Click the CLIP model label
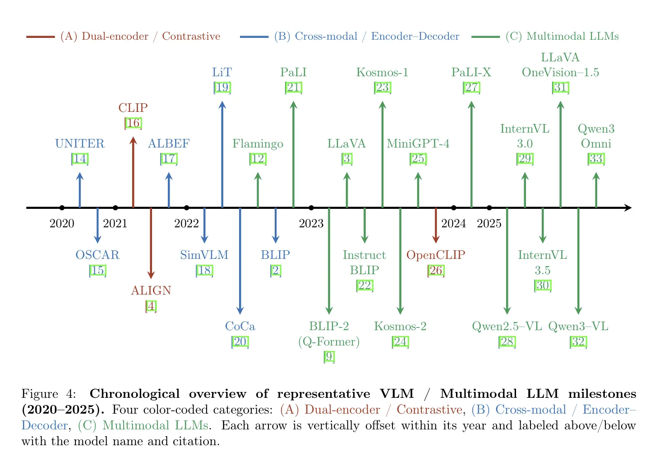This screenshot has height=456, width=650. [x=133, y=108]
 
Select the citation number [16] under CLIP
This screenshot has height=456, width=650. [x=133, y=123]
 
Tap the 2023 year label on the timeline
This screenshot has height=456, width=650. [x=311, y=223]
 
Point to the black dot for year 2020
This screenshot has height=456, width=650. [x=62, y=207]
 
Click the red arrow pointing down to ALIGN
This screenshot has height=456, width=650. [x=151, y=244]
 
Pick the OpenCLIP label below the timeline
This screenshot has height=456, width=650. [x=436, y=255]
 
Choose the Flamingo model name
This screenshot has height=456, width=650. [x=258, y=144]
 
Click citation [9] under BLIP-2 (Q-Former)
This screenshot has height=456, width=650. [x=329, y=357]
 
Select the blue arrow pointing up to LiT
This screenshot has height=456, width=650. [x=222, y=153]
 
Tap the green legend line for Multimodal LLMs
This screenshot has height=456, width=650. [x=485, y=37]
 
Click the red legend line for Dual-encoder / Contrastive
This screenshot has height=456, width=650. [x=41, y=37]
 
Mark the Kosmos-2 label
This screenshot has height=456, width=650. [x=400, y=326]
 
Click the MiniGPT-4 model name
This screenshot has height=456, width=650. [x=418, y=144]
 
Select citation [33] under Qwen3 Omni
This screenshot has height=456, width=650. [x=596, y=159]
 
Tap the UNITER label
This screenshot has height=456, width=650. [x=80, y=144]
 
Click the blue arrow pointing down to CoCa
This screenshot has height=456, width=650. [x=240, y=262]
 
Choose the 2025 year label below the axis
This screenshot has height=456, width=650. [x=489, y=223]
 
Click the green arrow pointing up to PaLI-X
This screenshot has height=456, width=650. [x=471, y=153]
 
